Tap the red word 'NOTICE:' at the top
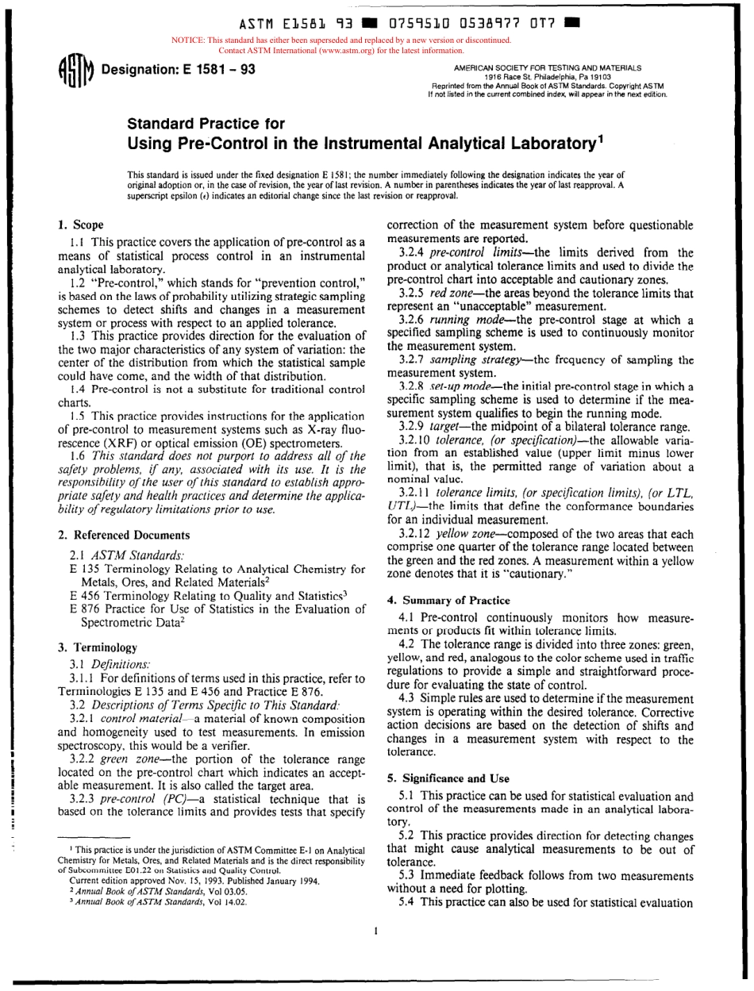(x=187, y=40)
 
